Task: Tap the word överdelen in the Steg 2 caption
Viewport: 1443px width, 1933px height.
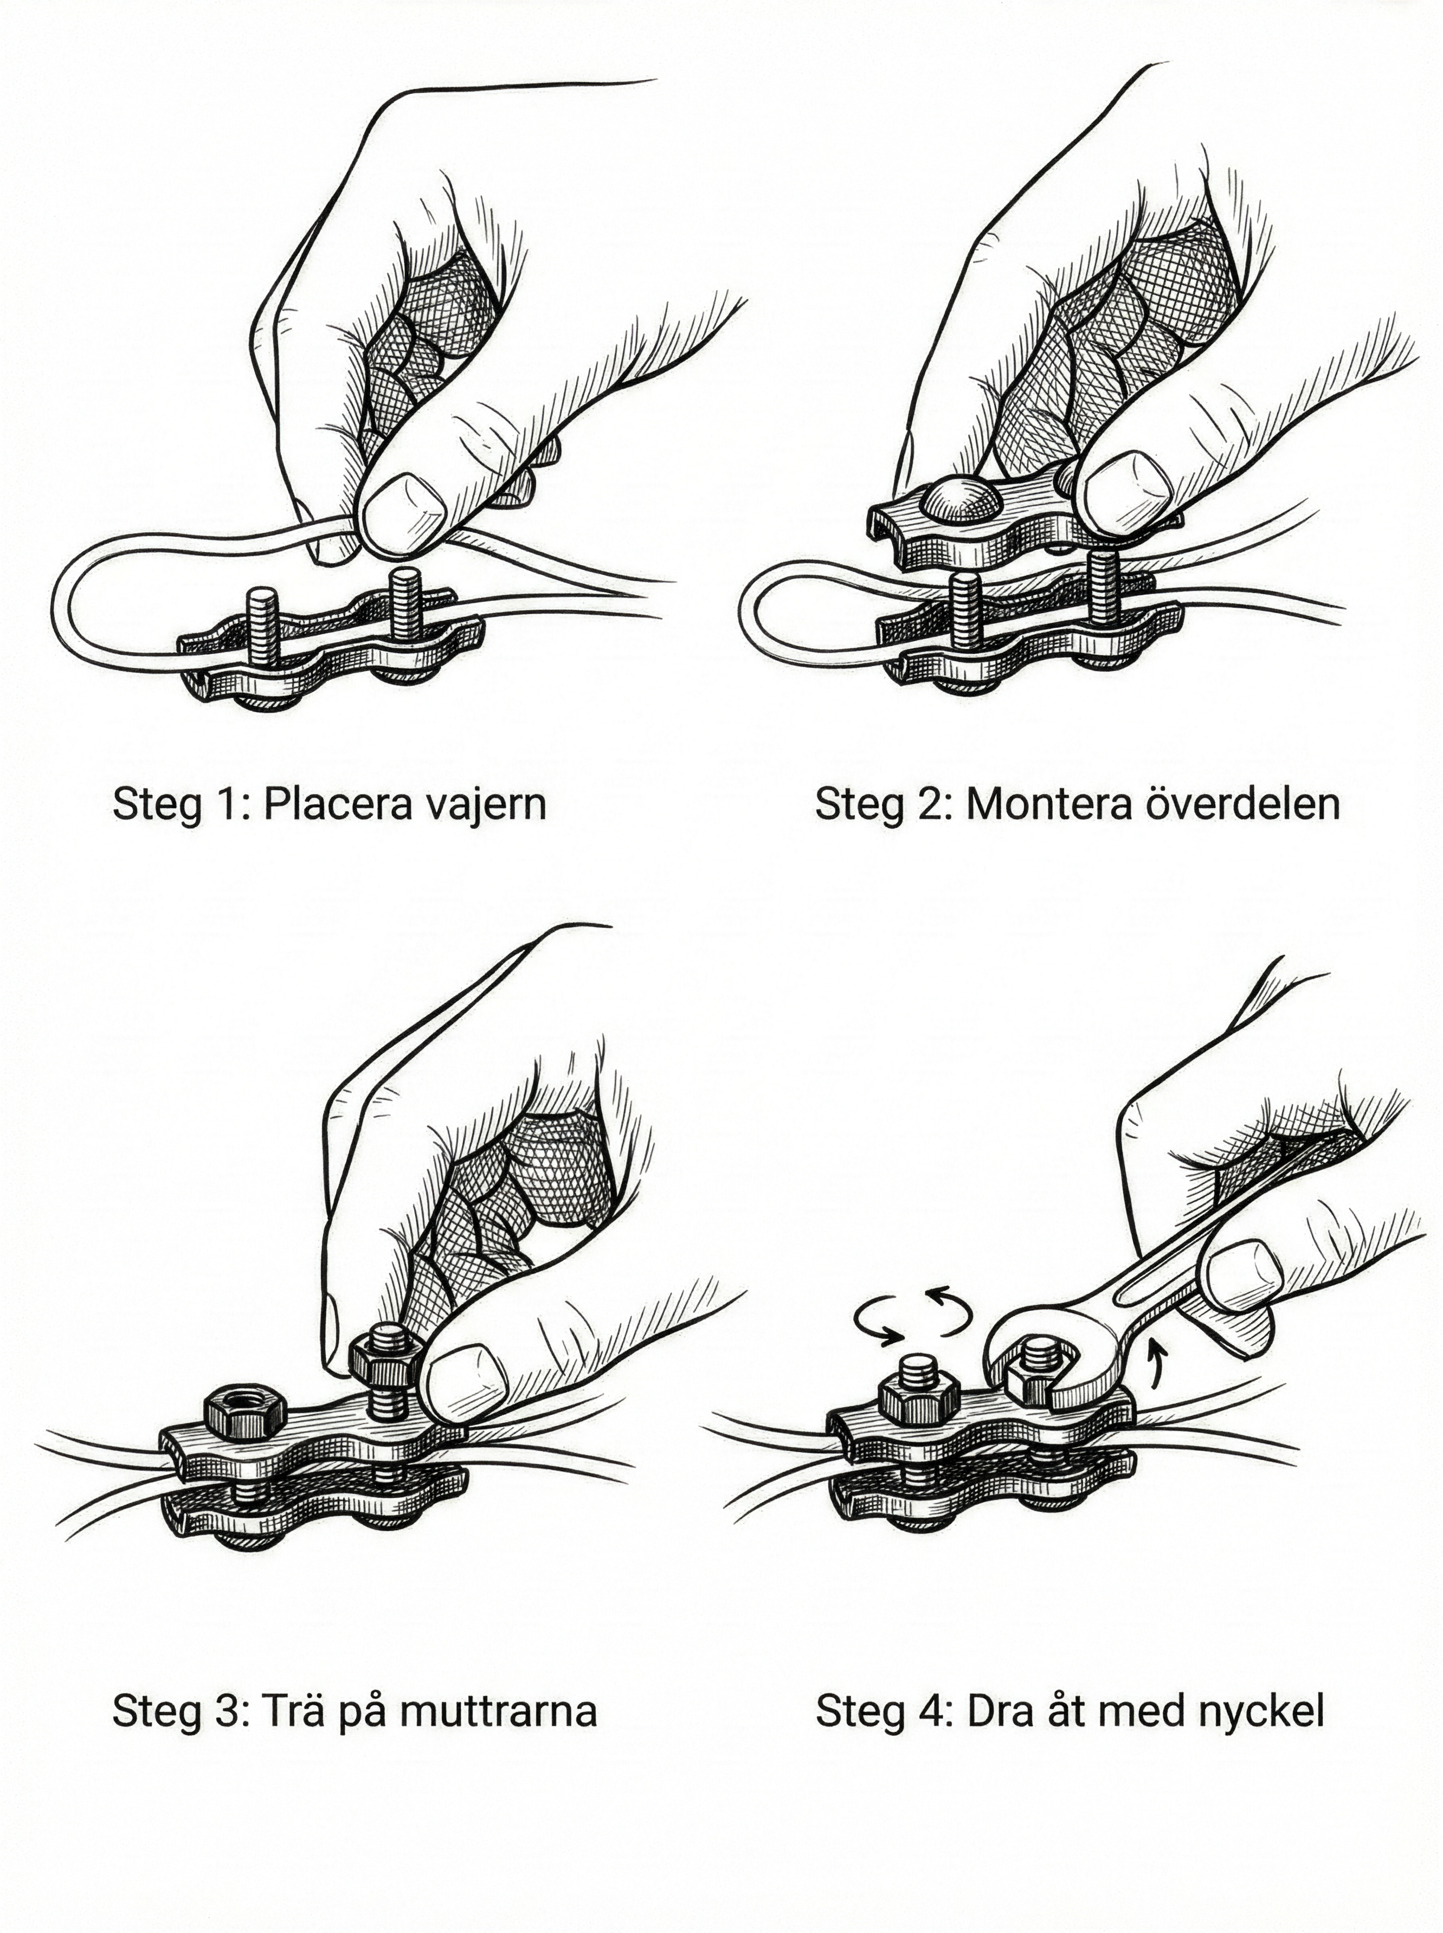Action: (x=1240, y=803)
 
